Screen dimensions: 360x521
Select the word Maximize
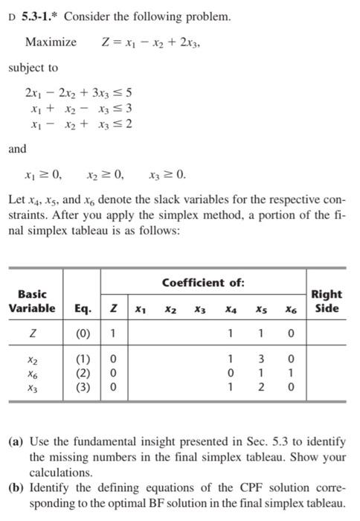(x=51, y=42)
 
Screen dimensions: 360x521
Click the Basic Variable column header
(x=32, y=301)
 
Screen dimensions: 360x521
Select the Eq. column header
(x=83, y=308)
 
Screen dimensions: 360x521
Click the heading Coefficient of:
(x=202, y=282)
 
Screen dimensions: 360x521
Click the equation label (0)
(x=83, y=330)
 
